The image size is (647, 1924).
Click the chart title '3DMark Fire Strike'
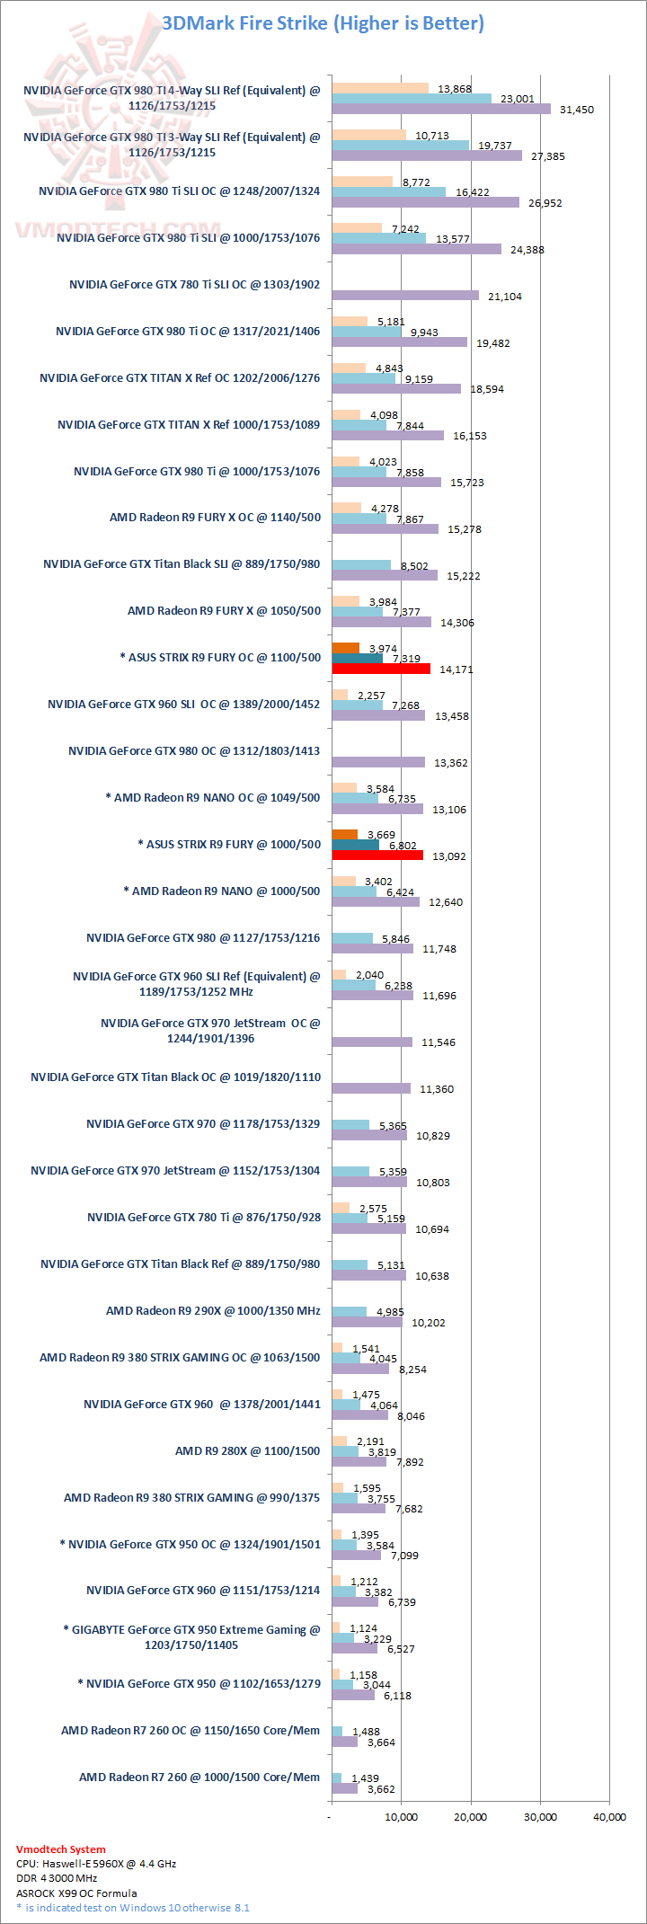323,23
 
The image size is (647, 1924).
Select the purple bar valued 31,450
440,109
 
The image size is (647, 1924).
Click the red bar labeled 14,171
381,669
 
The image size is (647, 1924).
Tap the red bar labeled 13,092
377,855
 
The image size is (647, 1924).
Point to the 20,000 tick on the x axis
470,1816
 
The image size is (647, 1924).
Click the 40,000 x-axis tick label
610,1816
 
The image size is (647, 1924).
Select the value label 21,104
504,297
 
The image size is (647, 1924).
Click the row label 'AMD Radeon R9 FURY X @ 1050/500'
224,611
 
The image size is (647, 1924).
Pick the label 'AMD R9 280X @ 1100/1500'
247,1450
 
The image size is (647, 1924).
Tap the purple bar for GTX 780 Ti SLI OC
404,296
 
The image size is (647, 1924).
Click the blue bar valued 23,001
412,98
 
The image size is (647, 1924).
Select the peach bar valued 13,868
380,88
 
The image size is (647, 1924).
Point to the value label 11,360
436,1089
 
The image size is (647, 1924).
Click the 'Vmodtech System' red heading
60,1849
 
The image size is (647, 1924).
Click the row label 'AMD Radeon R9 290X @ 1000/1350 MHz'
213,1311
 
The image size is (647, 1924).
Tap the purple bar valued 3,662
344,1788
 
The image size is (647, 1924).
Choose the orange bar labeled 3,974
345,648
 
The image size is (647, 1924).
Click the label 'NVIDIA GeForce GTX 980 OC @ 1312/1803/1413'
194,751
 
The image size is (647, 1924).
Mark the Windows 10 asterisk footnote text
133,1907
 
